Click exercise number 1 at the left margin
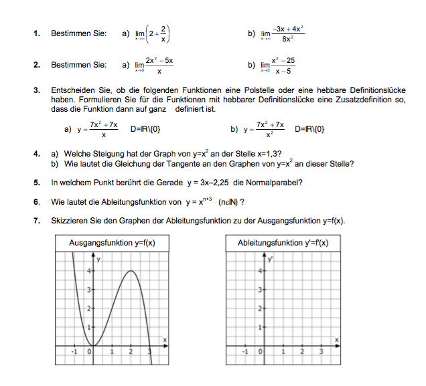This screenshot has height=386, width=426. tap(36, 33)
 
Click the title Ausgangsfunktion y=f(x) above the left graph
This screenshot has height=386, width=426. tap(112, 243)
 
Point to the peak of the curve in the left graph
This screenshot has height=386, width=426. tap(131, 270)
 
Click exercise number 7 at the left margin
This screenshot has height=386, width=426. tap(36, 221)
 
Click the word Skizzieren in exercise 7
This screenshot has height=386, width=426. tap(68, 221)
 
